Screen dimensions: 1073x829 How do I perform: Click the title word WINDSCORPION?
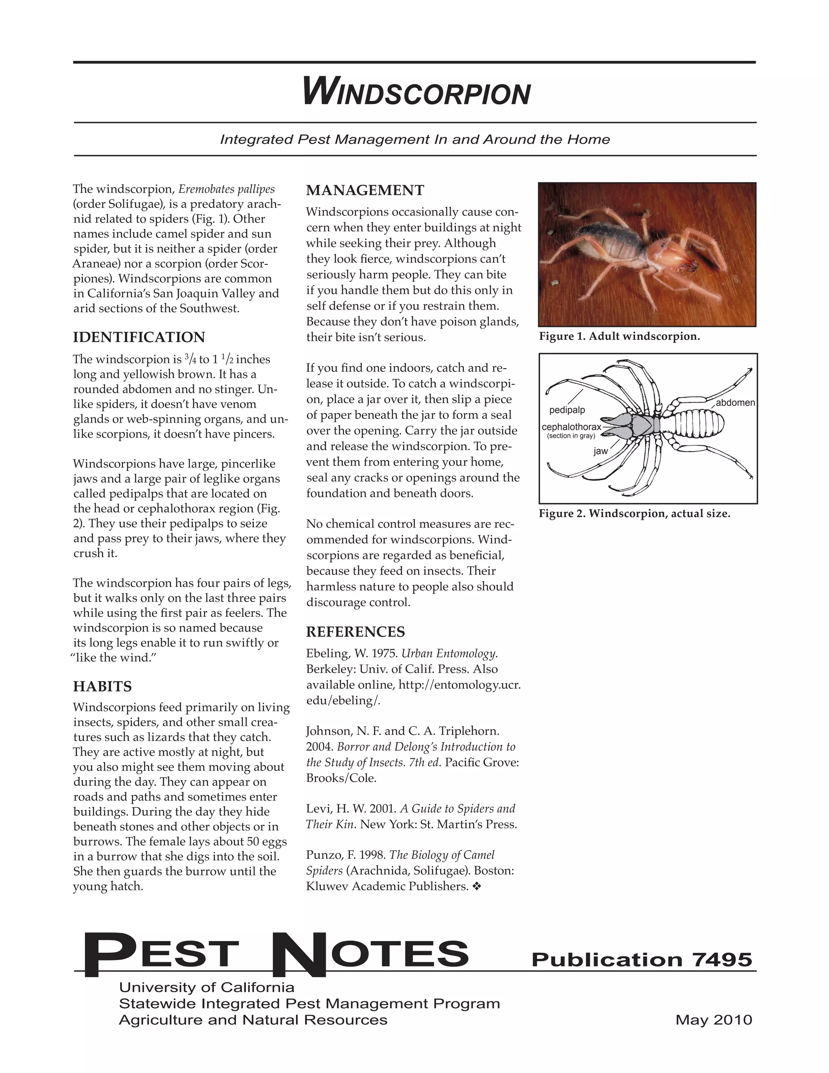417,92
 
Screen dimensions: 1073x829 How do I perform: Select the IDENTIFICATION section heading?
139,338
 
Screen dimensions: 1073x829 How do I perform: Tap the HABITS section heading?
102,686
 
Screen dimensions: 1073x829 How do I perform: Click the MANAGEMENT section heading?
365,190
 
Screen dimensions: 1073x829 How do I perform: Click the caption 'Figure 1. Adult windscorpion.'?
619,336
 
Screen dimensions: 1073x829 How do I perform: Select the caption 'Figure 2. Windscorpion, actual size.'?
634,514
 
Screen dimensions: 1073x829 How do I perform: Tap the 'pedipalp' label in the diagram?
567,410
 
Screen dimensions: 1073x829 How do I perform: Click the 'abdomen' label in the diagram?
735,403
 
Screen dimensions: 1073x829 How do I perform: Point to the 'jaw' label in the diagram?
600,451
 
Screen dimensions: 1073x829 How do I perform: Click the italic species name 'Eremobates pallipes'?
226,189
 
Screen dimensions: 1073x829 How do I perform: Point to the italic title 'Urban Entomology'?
449,654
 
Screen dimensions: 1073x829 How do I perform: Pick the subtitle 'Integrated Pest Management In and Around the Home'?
414,140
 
